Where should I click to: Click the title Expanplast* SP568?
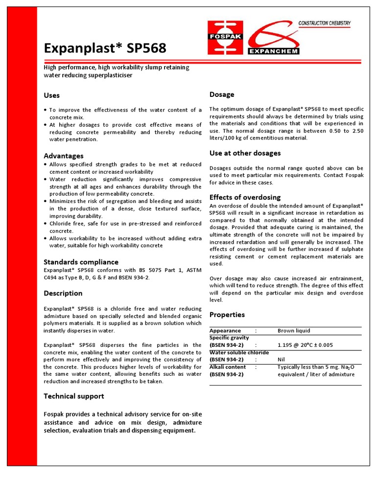click(105, 48)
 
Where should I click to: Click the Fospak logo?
click(225, 37)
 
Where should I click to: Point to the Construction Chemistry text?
click(325, 23)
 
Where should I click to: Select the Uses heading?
click(52, 95)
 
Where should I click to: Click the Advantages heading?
click(64, 156)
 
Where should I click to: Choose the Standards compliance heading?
click(81, 262)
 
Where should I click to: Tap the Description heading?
click(63, 293)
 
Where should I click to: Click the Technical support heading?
click(74, 396)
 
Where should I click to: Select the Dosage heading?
click(222, 94)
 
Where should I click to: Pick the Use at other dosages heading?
click(245, 153)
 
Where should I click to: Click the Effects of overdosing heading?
click(245, 197)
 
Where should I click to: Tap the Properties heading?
click(227, 315)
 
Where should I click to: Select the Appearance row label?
click(225, 331)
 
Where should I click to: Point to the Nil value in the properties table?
click(281, 359)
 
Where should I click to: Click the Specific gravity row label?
click(229, 338)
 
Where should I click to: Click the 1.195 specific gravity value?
click(305, 345)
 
